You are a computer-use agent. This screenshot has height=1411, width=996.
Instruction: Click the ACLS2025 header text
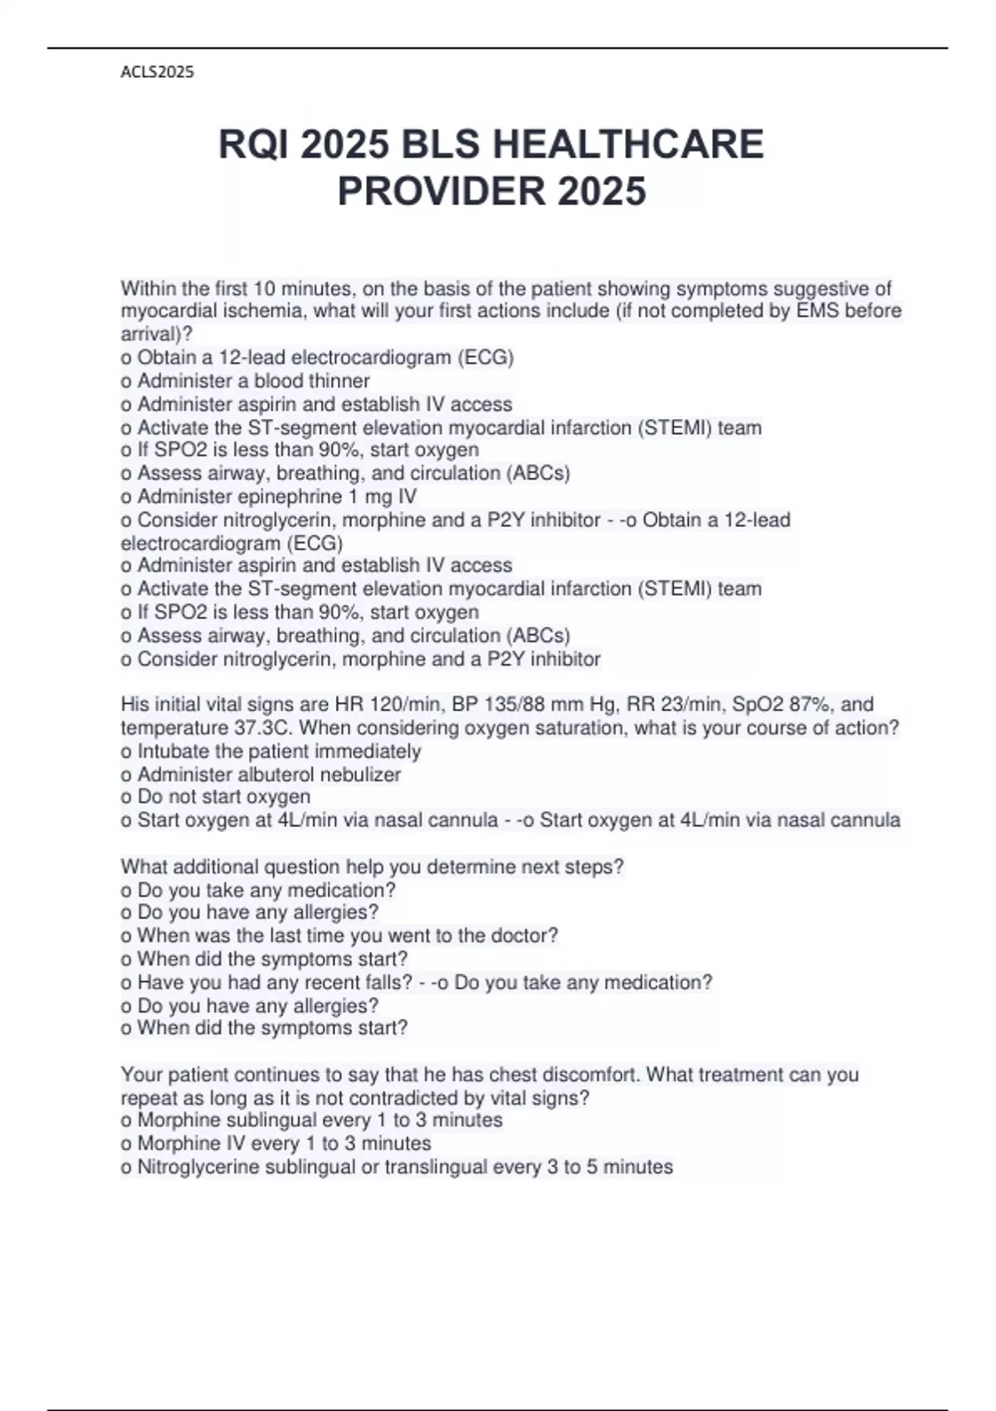[x=157, y=72]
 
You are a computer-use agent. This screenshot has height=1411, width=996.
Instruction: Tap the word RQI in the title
[x=253, y=144]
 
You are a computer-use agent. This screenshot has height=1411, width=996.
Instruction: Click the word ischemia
[x=267, y=311]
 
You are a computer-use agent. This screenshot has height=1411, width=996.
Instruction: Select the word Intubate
[x=173, y=751]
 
